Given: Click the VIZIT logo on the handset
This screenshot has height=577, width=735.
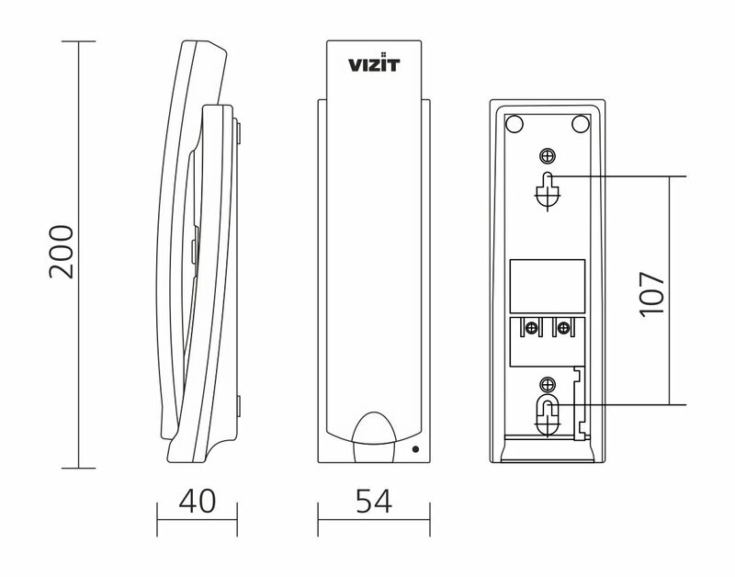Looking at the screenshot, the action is pyautogui.click(x=374, y=63).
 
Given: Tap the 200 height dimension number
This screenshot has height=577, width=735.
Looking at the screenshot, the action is pyautogui.click(x=62, y=252).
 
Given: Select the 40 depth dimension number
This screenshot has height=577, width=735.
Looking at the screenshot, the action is pyautogui.click(x=198, y=501).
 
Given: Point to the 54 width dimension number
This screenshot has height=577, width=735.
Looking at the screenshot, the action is pyautogui.click(x=374, y=501).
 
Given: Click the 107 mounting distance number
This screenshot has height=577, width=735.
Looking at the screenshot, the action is pyautogui.click(x=652, y=294).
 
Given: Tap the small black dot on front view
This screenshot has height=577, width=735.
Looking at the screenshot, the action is pyautogui.click(x=415, y=449).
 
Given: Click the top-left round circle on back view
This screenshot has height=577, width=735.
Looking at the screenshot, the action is pyautogui.click(x=514, y=124).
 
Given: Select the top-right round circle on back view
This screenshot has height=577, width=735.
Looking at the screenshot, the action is pyautogui.click(x=581, y=124).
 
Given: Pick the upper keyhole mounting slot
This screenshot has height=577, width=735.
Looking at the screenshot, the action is pyautogui.click(x=547, y=191).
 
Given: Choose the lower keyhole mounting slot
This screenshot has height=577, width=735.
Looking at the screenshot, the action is pyautogui.click(x=547, y=415).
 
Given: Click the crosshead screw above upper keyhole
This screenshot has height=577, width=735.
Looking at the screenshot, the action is pyautogui.click(x=547, y=155).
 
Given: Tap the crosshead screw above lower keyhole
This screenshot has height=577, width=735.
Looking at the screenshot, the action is pyautogui.click(x=547, y=385).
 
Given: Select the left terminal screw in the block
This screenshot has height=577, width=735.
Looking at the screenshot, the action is pyautogui.click(x=531, y=328).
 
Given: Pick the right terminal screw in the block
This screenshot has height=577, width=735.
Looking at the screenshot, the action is pyautogui.click(x=564, y=328).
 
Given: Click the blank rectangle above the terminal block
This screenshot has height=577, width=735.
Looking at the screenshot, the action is pyautogui.click(x=547, y=286).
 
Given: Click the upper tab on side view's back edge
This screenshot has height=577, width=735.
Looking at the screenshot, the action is pyautogui.click(x=239, y=132).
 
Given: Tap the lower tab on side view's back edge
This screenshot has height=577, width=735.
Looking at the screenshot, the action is pyautogui.click(x=239, y=406).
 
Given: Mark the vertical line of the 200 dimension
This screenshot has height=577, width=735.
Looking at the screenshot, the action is pyautogui.click(x=79, y=255).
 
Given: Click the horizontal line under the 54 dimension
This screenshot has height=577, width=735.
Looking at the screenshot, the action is pyautogui.click(x=374, y=519).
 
